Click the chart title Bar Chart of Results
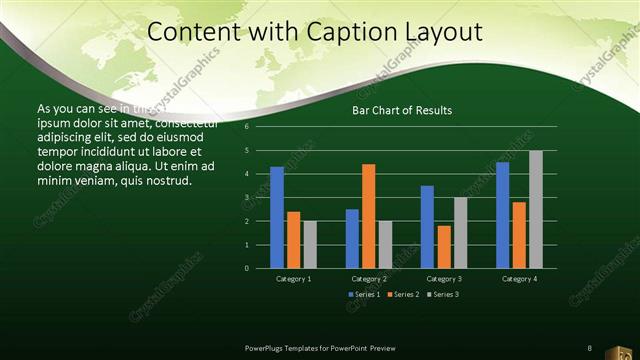click(x=401, y=110)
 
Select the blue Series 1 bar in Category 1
click(x=277, y=217)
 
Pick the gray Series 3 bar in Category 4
click(x=535, y=209)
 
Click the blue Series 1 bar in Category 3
click(x=427, y=227)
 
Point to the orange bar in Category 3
click(x=443, y=247)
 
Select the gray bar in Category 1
click(x=309, y=245)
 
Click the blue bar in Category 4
click(x=502, y=215)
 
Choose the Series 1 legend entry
click(x=363, y=294)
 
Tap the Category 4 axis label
click(x=519, y=279)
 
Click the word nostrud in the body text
click(x=163, y=180)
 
